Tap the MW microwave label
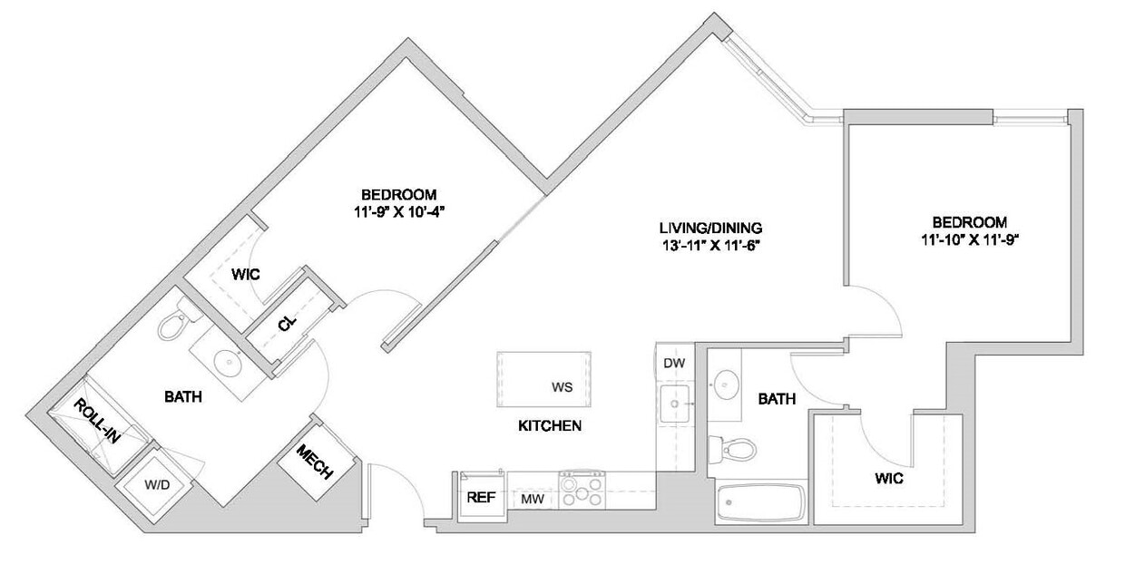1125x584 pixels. [532, 499]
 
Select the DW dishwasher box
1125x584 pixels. [673, 364]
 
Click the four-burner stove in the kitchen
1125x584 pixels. [582, 491]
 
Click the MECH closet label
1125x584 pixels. [315, 462]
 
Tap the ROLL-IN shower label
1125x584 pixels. [97, 422]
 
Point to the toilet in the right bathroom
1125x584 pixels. [733, 447]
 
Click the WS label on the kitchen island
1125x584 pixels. [562, 387]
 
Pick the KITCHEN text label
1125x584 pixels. [549, 425]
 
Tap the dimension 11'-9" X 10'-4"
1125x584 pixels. [399, 211]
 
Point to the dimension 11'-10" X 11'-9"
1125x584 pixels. [970, 240]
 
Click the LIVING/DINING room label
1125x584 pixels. [710, 228]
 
